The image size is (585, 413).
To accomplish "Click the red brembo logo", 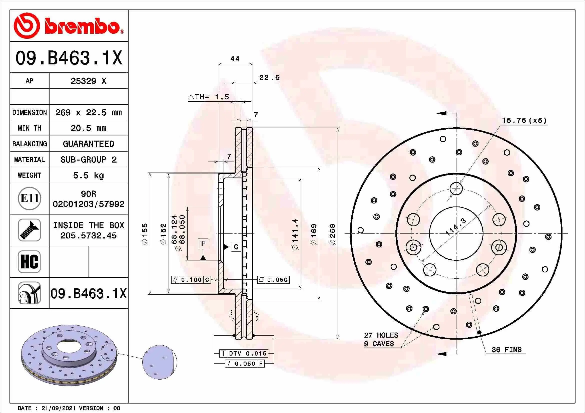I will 68,26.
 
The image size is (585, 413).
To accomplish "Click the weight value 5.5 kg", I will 88,176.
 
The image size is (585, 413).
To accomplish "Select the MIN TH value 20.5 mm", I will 88,128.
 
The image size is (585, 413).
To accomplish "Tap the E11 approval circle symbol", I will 30,198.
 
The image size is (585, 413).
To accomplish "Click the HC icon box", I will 29,261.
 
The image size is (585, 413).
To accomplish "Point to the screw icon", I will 29,230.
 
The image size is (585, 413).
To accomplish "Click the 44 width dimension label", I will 235,59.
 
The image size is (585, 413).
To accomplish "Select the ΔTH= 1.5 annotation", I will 209,97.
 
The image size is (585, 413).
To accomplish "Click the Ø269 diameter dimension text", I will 332,234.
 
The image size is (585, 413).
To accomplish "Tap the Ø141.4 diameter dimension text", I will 295,234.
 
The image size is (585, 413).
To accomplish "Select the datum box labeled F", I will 203,243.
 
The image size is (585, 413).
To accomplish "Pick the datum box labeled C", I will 236,247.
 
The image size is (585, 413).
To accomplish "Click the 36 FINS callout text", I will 506,350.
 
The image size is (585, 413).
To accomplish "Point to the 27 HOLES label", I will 381,335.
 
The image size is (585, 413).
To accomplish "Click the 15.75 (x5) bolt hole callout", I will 524,121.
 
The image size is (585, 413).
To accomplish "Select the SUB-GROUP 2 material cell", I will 88,160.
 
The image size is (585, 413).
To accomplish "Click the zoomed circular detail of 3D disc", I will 160,362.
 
